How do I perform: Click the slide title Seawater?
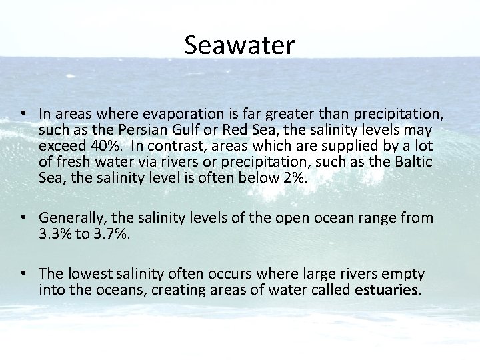tap(239, 45)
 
